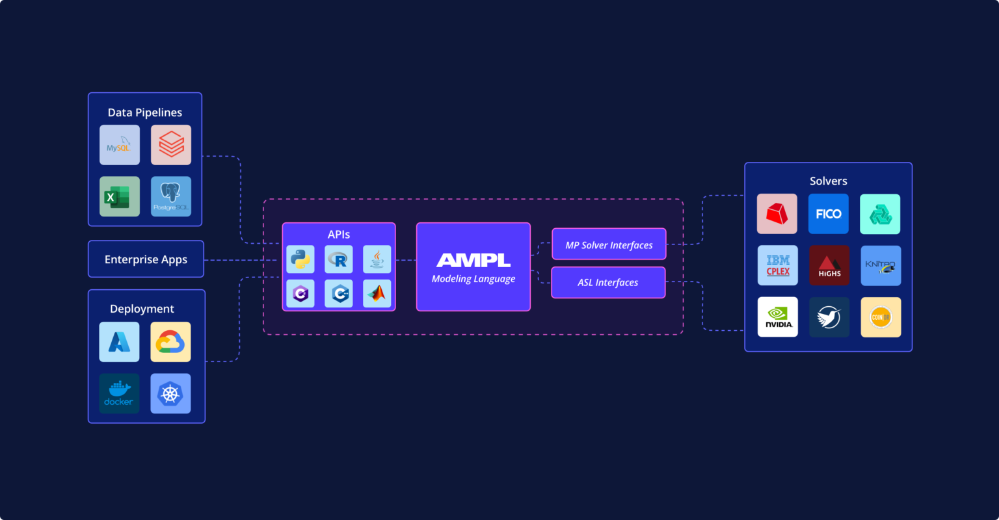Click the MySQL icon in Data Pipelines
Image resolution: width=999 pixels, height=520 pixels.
point(120,145)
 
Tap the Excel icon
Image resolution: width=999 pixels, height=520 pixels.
point(120,196)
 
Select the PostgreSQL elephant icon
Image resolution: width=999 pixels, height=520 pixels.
point(171,196)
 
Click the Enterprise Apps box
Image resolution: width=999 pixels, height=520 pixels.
point(146,259)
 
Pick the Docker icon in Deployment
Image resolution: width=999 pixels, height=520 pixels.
point(119,393)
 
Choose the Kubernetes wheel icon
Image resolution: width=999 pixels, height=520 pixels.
point(170,393)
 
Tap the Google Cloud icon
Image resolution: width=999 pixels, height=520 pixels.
point(170,342)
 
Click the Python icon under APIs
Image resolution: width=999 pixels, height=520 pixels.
point(300,259)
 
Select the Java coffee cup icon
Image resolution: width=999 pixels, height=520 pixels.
point(377,259)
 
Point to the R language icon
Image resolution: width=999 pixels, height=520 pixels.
point(339,259)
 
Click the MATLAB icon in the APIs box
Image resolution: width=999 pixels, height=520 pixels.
point(377,294)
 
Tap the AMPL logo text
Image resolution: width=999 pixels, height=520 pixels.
point(473,260)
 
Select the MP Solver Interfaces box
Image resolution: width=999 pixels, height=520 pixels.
point(609,245)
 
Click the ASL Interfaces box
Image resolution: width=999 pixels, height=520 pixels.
point(608,283)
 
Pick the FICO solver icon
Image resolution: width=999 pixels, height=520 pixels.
point(829,214)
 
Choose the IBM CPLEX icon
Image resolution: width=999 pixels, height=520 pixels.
point(778,265)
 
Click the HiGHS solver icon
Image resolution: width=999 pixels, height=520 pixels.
point(829,265)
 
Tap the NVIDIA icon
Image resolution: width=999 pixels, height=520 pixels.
point(778,317)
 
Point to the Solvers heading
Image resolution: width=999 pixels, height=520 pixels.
point(828,181)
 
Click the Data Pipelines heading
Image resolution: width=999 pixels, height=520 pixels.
point(145,112)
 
